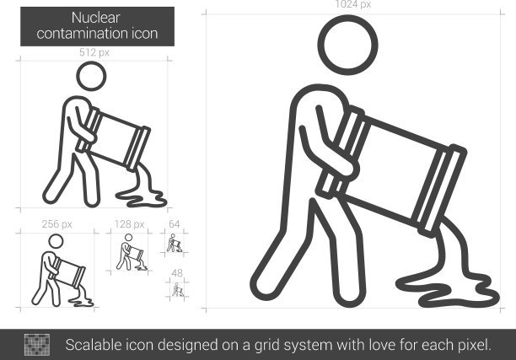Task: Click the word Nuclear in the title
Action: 96,18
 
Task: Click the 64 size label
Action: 174,224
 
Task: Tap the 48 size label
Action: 177,273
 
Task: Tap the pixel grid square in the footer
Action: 37,345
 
